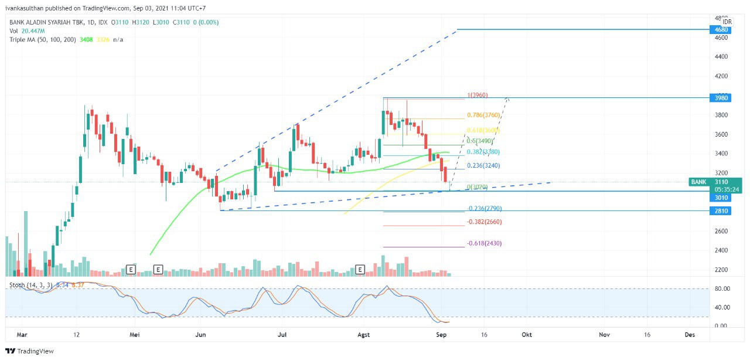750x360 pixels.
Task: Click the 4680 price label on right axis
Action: (x=721, y=29)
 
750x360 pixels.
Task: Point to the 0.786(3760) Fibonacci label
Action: (x=483, y=116)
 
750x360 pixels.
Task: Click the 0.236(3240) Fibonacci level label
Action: (x=483, y=166)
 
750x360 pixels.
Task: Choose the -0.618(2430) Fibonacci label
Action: (x=484, y=243)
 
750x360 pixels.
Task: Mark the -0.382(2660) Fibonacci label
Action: (x=484, y=222)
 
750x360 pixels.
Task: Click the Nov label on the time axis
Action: (x=605, y=334)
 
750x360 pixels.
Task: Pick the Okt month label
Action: (x=527, y=334)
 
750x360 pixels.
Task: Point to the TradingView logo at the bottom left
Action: (x=29, y=351)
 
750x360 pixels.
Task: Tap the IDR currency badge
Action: (x=727, y=22)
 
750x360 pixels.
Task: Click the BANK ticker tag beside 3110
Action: (x=698, y=182)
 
